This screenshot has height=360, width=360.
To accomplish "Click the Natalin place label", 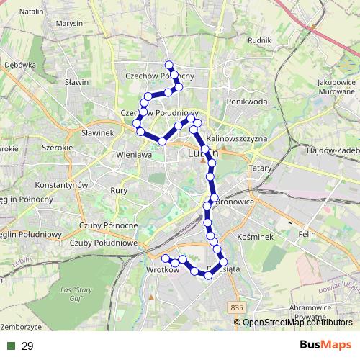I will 32,12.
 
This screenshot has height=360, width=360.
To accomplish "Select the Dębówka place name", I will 19,65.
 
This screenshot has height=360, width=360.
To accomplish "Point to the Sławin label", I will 76,82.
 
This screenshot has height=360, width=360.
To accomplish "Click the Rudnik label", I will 258,41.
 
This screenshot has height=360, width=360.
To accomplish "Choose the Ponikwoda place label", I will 247,102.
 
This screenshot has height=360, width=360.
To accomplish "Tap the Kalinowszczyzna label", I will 237,138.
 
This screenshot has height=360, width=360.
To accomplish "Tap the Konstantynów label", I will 61,185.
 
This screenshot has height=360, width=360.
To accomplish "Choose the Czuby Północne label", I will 104,225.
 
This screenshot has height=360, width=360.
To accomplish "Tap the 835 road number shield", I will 238,307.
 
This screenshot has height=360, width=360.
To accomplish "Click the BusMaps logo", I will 325,346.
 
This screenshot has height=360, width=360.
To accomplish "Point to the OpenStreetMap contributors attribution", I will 297,323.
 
